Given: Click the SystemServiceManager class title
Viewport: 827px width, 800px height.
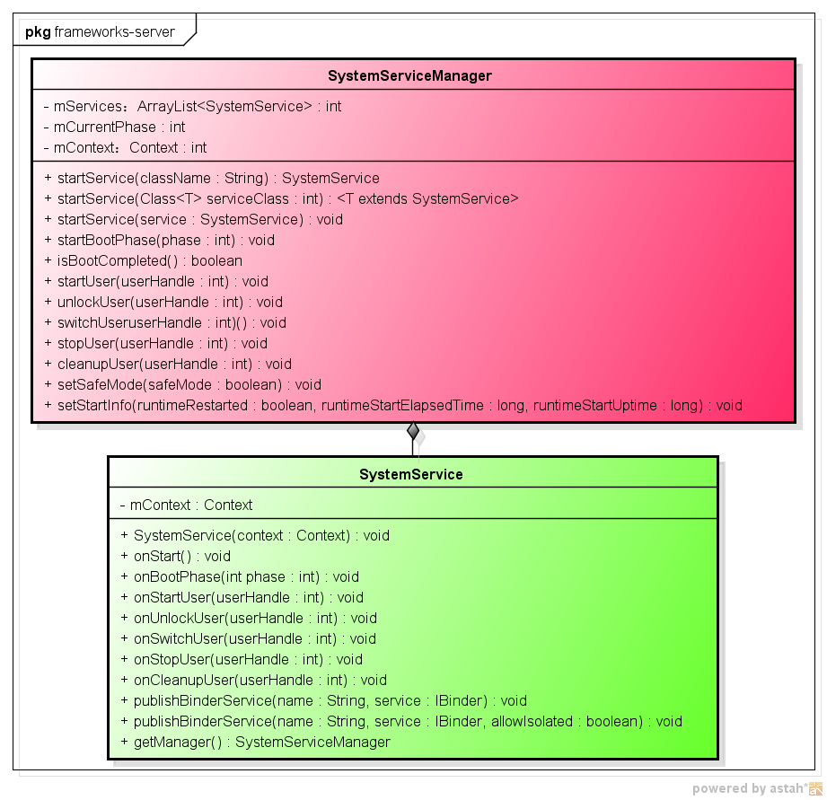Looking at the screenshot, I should [409, 76].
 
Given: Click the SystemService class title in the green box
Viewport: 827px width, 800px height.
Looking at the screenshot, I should [411, 474].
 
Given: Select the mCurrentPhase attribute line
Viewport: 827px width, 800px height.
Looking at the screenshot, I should [114, 127].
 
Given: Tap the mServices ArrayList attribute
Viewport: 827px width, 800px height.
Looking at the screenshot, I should [192, 106].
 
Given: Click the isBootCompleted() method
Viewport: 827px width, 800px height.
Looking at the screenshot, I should [143, 260].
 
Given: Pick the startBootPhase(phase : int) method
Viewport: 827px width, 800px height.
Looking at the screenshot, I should [159, 240].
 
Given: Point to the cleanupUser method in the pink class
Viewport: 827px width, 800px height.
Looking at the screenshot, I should [167, 364].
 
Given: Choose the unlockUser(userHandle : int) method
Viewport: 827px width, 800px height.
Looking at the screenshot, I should [163, 302].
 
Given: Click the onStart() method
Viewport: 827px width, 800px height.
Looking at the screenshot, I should [175, 556].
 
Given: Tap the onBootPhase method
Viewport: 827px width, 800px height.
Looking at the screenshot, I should [239, 576].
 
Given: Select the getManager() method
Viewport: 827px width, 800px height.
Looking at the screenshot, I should [255, 742].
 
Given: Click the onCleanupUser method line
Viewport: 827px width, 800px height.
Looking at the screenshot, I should [253, 680].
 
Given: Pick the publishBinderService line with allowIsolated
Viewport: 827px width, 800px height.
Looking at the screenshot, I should [400, 721].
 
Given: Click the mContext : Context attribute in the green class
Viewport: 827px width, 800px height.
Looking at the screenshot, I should [186, 505].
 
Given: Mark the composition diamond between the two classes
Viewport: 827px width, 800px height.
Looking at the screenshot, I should [413, 431].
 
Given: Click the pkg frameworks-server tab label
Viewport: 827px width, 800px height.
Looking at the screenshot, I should [100, 32].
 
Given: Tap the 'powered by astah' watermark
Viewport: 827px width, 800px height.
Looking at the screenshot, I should [757, 788].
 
